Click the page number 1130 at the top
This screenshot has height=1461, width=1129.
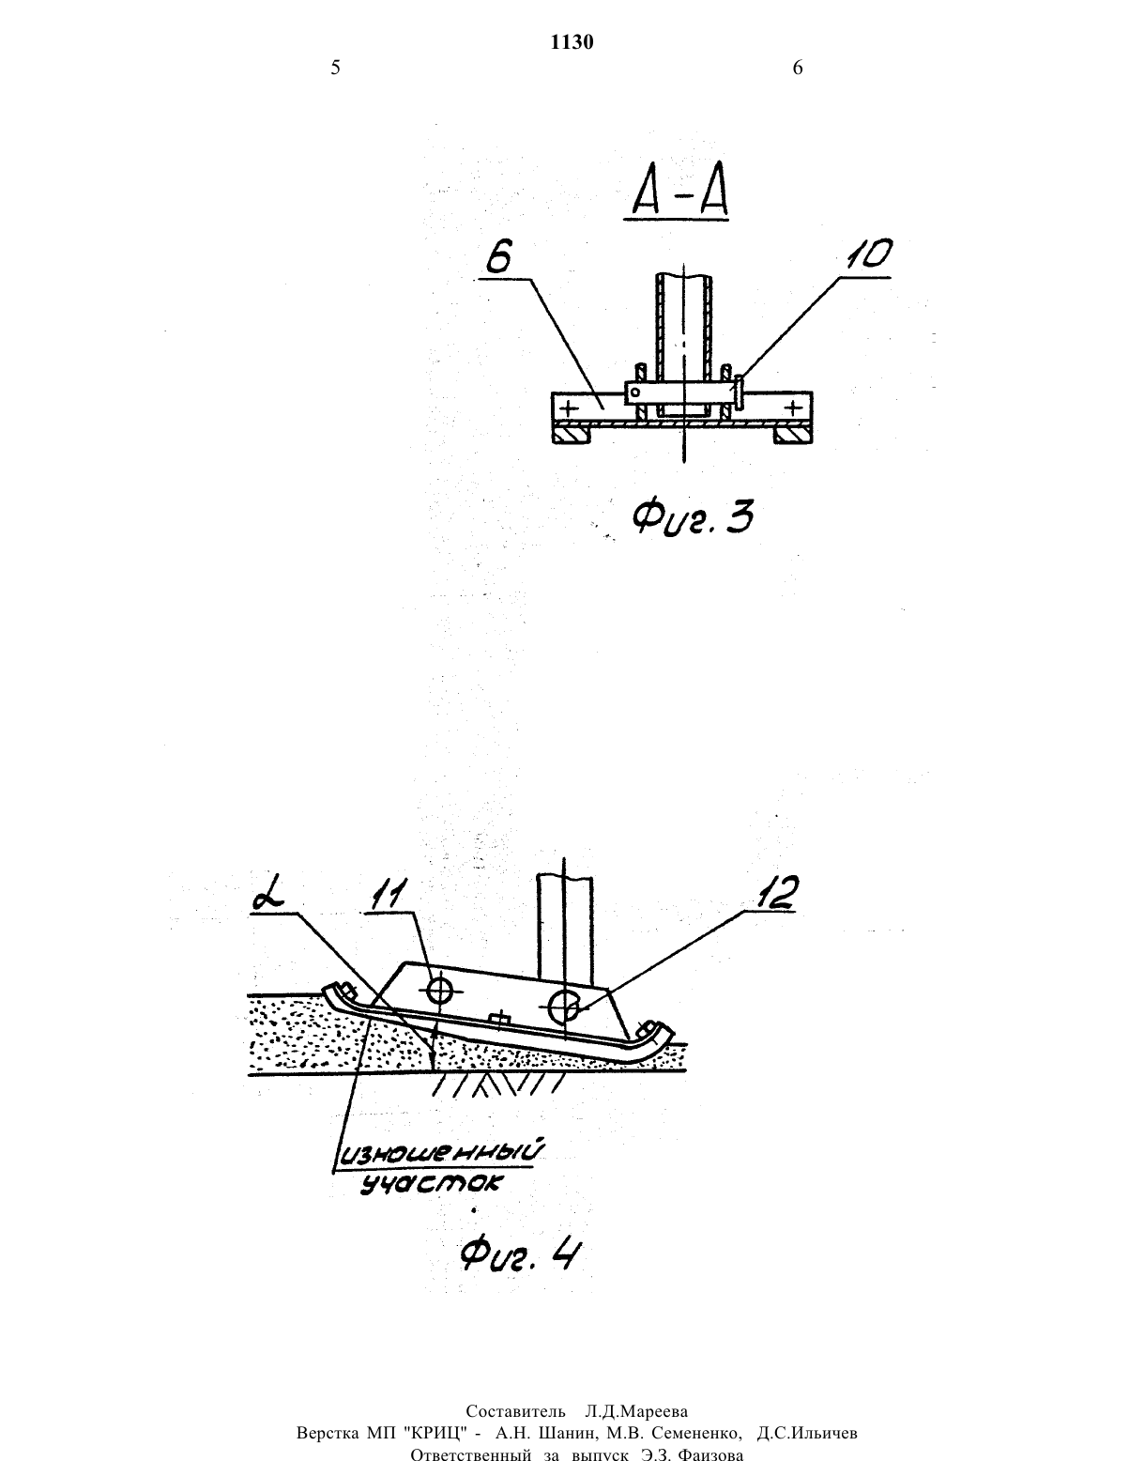click(x=572, y=42)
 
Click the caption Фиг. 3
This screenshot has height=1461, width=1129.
click(x=693, y=518)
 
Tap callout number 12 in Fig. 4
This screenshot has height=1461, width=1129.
click(x=775, y=892)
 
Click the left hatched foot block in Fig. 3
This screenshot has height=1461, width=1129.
click(x=572, y=435)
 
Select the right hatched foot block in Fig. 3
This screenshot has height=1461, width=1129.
click(x=793, y=435)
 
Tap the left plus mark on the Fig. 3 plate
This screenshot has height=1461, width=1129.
click(x=570, y=408)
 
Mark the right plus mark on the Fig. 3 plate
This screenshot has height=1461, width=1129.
click(x=794, y=408)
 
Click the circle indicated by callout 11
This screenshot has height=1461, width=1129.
click(x=440, y=989)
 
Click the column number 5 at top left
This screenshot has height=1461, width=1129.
click(x=335, y=68)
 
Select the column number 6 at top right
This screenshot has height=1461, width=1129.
click(x=798, y=68)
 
